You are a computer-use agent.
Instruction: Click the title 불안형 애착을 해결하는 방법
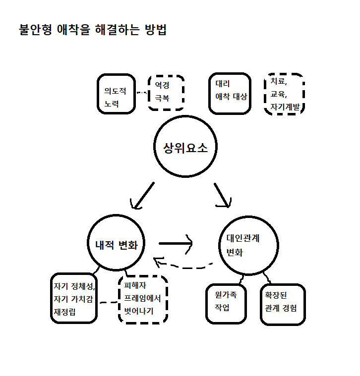pyautogui.click(x=92, y=30)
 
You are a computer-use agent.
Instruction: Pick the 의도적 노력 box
pyautogui.click(x=116, y=94)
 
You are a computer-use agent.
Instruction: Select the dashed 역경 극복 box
pyautogui.click(x=166, y=93)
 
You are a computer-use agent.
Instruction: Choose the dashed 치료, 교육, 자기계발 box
pyautogui.click(x=284, y=94)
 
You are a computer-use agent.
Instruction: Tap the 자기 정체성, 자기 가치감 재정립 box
pyautogui.click(x=73, y=299)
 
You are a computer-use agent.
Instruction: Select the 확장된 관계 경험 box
pyautogui.click(x=282, y=304)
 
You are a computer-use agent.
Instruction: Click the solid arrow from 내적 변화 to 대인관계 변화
pyautogui.click(x=176, y=243)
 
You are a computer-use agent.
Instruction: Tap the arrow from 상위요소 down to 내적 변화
pyautogui.click(x=142, y=195)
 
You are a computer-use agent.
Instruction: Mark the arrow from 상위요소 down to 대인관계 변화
pyautogui.click(x=223, y=195)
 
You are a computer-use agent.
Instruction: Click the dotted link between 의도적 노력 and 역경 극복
pyautogui.click(x=142, y=93)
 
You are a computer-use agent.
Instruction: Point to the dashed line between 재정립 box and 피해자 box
pyautogui.click(x=108, y=301)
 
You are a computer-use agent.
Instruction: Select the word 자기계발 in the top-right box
pyautogui.click(x=285, y=106)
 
